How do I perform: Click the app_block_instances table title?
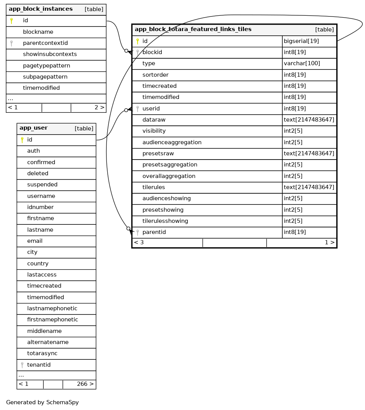pyautogui.click(x=41, y=9)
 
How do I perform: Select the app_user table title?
pyautogui.click(x=34, y=128)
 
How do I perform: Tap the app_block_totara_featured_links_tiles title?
pyautogui.click(x=193, y=30)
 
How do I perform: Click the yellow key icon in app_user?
pyautogui.click(x=22, y=140)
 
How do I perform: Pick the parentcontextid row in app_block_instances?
pyautogui.click(x=45, y=43)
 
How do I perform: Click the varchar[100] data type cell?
pyautogui.click(x=302, y=64)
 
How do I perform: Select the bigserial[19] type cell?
pyautogui.click(x=301, y=41)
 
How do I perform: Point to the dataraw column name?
pyautogui.click(x=154, y=120)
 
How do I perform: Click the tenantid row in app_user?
pyautogui.click(x=39, y=365)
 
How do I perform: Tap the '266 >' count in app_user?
pyautogui.click(x=85, y=384)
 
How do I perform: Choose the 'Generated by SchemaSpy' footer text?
pyautogui.click(x=43, y=402)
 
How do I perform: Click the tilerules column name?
pyautogui.click(x=154, y=188)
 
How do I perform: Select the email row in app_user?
pyautogui.click(x=35, y=241)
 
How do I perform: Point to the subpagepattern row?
pyautogui.click(x=45, y=77)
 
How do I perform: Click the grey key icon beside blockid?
pyautogui.click(x=137, y=52)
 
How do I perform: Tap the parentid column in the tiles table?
pyautogui.click(x=154, y=232)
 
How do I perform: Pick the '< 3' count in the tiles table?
pyautogui.click(x=139, y=242)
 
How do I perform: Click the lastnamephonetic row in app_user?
pyautogui.click(x=52, y=309)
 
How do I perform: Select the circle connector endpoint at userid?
pyautogui.click(x=126, y=110)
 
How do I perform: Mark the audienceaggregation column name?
pyautogui.click(x=172, y=142)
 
